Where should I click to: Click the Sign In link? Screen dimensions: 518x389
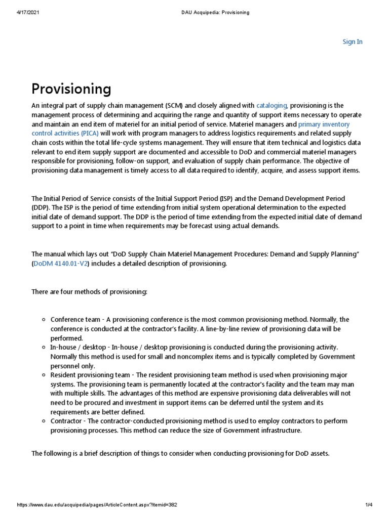click(x=353, y=42)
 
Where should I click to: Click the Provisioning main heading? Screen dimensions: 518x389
click(x=71, y=89)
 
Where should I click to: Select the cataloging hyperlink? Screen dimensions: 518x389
click(x=272, y=106)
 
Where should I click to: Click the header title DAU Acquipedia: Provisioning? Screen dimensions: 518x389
click(x=214, y=12)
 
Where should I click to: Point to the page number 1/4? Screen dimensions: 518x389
click(x=368, y=505)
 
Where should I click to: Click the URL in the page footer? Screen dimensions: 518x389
click(x=97, y=505)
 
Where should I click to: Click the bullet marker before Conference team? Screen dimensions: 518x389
click(x=44, y=320)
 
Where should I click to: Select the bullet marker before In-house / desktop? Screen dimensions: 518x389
click(x=44, y=348)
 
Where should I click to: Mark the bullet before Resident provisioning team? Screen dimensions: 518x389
click(x=44, y=375)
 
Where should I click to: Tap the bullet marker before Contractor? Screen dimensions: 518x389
click(x=44, y=421)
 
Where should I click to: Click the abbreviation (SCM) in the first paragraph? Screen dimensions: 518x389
click(x=173, y=106)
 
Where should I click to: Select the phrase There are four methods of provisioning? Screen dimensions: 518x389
click(x=89, y=292)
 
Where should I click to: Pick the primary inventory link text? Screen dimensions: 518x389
click(x=324, y=124)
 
